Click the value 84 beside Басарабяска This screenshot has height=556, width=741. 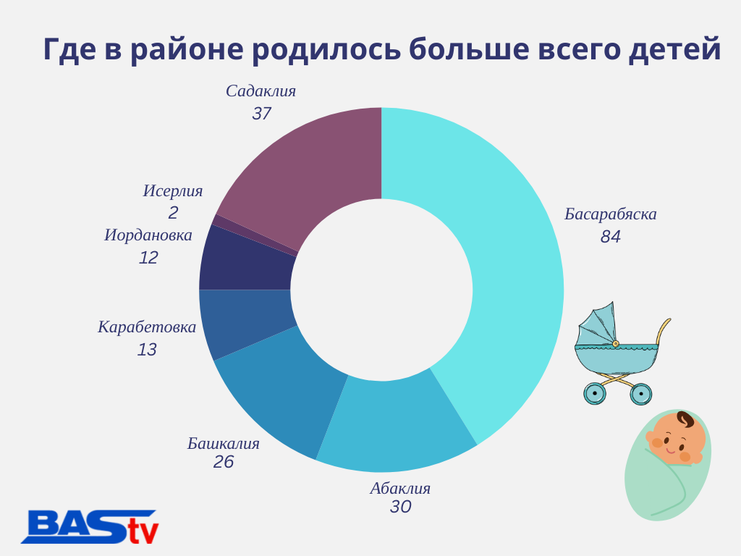[x=611, y=237]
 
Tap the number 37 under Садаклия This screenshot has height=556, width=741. [x=261, y=114]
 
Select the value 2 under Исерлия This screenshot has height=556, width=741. [x=173, y=213]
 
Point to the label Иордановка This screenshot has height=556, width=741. [x=148, y=235]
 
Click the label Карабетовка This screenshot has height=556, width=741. [x=147, y=327]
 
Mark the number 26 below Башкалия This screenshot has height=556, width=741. [x=224, y=462]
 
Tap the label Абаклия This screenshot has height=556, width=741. [x=400, y=488]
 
